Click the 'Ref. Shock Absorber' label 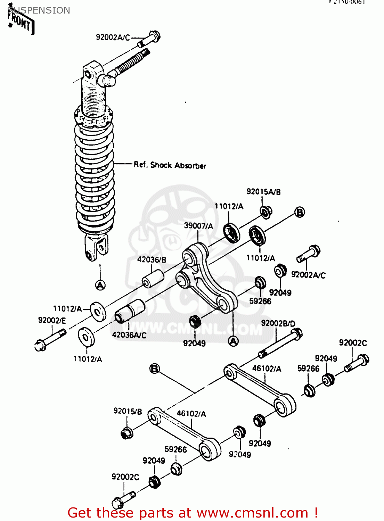point(170,165)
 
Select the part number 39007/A point(198,226)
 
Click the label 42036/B point(152,259)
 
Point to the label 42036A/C point(129,335)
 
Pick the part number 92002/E point(52,320)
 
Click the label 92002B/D point(278,323)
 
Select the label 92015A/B point(263,192)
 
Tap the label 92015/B point(128,411)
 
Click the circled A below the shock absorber point(100,285)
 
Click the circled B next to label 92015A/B point(300,212)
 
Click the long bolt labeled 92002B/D point(281,344)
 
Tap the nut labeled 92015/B point(126,433)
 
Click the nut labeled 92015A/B point(266,212)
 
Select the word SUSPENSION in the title point(39,10)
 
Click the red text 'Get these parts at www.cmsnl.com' point(193,513)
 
